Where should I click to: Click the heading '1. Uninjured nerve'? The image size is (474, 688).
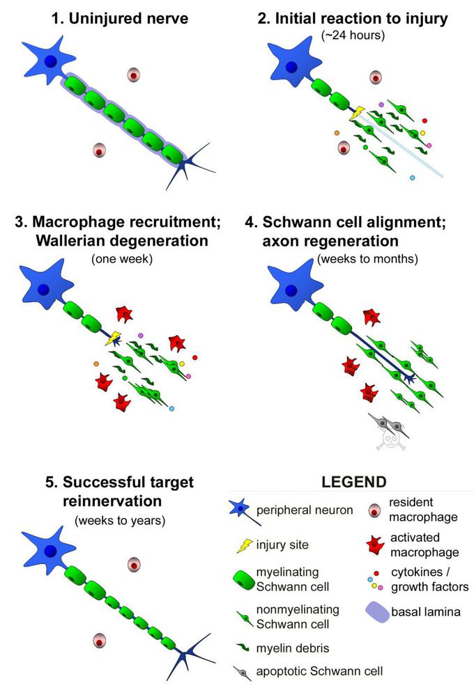(120, 19)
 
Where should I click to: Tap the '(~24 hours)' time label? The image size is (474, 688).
(352, 36)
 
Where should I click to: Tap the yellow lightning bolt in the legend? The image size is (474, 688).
(243, 545)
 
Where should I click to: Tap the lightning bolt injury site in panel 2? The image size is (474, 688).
(357, 113)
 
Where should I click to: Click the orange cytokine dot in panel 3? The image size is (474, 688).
(96, 363)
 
